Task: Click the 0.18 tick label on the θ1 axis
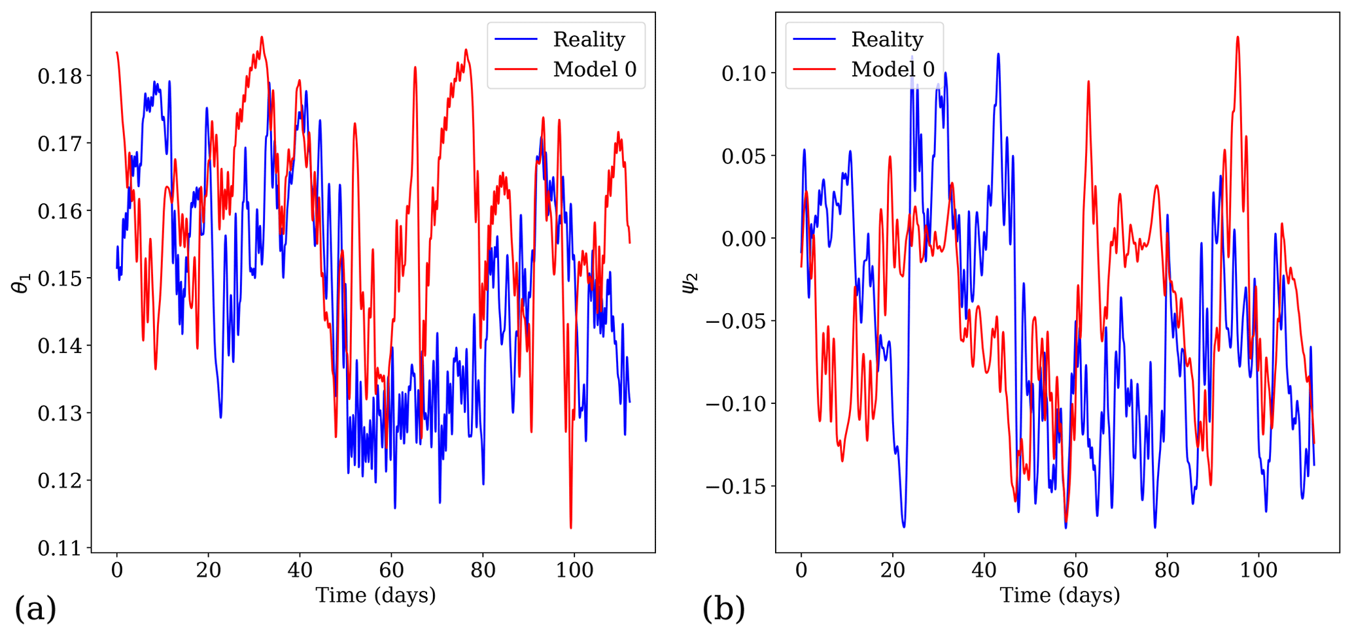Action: tap(60, 76)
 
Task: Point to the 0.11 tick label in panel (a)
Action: tap(60, 548)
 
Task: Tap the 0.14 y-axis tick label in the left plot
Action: tap(60, 346)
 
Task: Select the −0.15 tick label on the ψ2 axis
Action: tap(735, 486)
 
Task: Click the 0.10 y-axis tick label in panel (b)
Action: tap(744, 73)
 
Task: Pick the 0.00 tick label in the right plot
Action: tap(744, 239)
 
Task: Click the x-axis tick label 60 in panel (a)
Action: tap(391, 570)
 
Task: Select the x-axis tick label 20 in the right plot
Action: tap(892, 570)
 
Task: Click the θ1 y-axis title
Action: tap(21, 283)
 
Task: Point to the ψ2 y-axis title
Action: tap(691, 283)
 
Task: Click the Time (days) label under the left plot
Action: tap(375, 595)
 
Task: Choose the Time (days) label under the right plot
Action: tap(1060, 595)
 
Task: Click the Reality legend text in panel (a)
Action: tap(589, 39)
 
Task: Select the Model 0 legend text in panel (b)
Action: tap(893, 69)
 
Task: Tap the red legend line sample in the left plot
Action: tap(516, 69)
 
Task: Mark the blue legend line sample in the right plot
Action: tap(814, 39)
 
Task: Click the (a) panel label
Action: tap(35, 609)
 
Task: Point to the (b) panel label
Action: tap(723, 609)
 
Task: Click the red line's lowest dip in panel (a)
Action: tap(570, 527)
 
